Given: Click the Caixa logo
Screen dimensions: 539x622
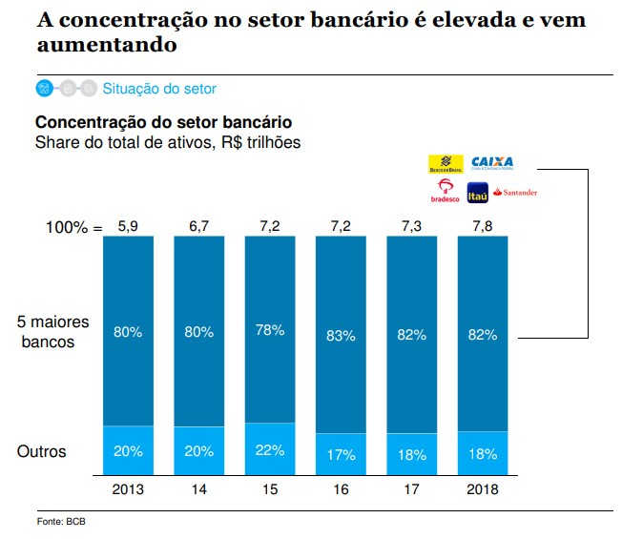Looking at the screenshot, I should click(492, 162).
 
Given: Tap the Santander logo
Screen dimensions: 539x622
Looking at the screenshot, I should click(515, 192).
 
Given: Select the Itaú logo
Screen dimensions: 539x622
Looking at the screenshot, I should click(477, 192).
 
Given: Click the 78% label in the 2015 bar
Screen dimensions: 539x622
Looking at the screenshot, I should click(270, 330).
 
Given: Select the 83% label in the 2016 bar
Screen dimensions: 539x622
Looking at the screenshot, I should click(341, 335).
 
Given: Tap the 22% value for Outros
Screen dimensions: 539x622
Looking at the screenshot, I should click(270, 451).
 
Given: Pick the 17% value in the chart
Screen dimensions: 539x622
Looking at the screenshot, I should click(341, 455).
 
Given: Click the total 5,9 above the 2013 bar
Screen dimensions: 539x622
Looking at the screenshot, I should click(128, 227).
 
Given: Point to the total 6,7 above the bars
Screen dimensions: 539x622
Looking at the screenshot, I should click(198, 227).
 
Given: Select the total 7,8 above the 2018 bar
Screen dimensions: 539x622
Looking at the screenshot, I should click(483, 227).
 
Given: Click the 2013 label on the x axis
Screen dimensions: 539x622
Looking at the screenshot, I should click(128, 489).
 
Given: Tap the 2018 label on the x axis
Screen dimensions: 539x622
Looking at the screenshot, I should click(483, 489).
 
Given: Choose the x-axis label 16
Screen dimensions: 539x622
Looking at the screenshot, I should click(341, 489).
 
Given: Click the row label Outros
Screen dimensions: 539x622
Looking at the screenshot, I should click(42, 451).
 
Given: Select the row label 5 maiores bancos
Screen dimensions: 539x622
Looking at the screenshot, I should click(48, 332).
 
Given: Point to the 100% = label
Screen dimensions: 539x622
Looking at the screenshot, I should click(73, 228).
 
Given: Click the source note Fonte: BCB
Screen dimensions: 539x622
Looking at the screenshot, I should click(62, 522).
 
